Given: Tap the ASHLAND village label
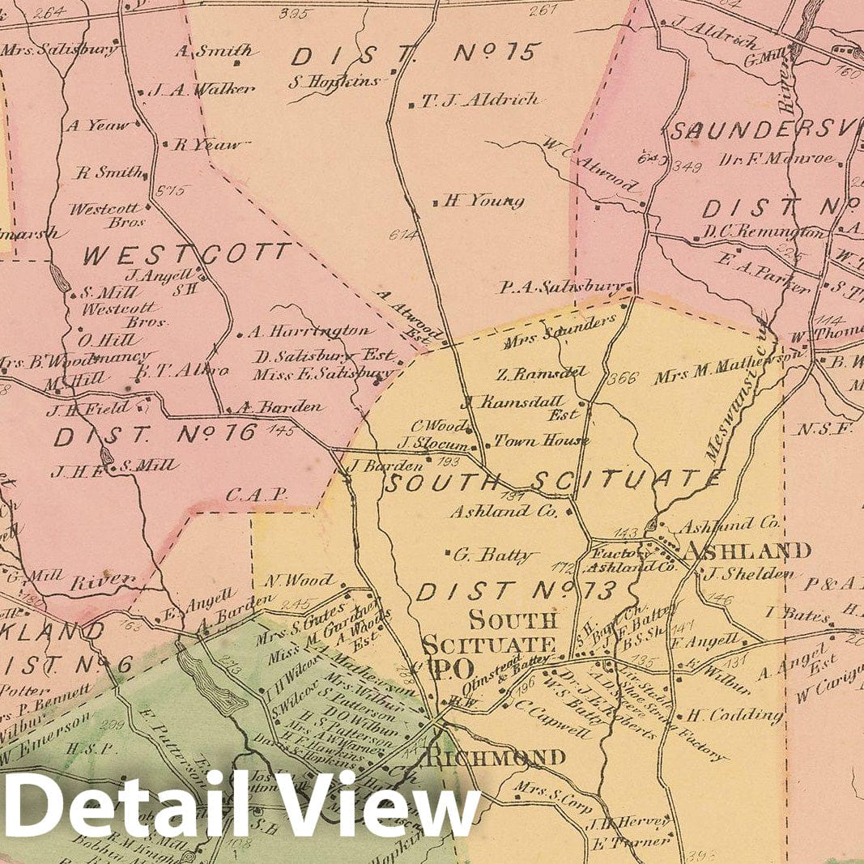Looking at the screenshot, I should [747, 551].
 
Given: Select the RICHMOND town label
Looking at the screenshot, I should [496, 758].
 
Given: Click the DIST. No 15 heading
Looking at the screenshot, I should [415, 55].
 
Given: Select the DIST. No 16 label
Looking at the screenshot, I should [155, 436].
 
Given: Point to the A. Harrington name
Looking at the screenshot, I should [310, 331].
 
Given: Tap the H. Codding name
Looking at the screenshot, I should [735, 716].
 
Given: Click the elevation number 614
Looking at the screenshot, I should [403, 236].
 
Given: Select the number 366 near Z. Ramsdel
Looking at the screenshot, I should [623, 377].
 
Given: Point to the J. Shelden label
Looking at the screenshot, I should [748, 574].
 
